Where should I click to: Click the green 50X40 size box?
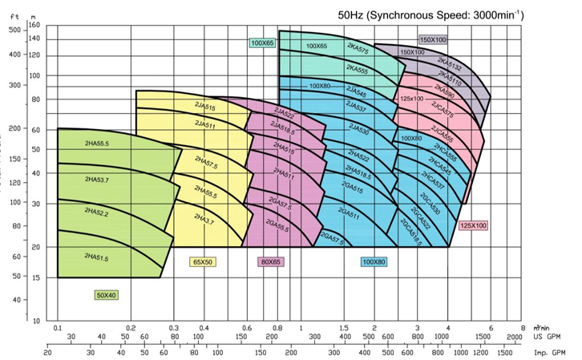click(x=107, y=295)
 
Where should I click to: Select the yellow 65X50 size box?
click(x=203, y=261)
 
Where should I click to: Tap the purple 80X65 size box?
click(x=271, y=261)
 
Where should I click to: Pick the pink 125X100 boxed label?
click(x=474, y=225)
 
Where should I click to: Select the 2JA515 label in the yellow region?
click(x=205, y=107)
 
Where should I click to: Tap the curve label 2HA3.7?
click(x=204, y=218)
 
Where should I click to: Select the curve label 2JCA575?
click(x=443, y=110)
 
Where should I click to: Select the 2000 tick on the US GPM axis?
click(x=514, y=338)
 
